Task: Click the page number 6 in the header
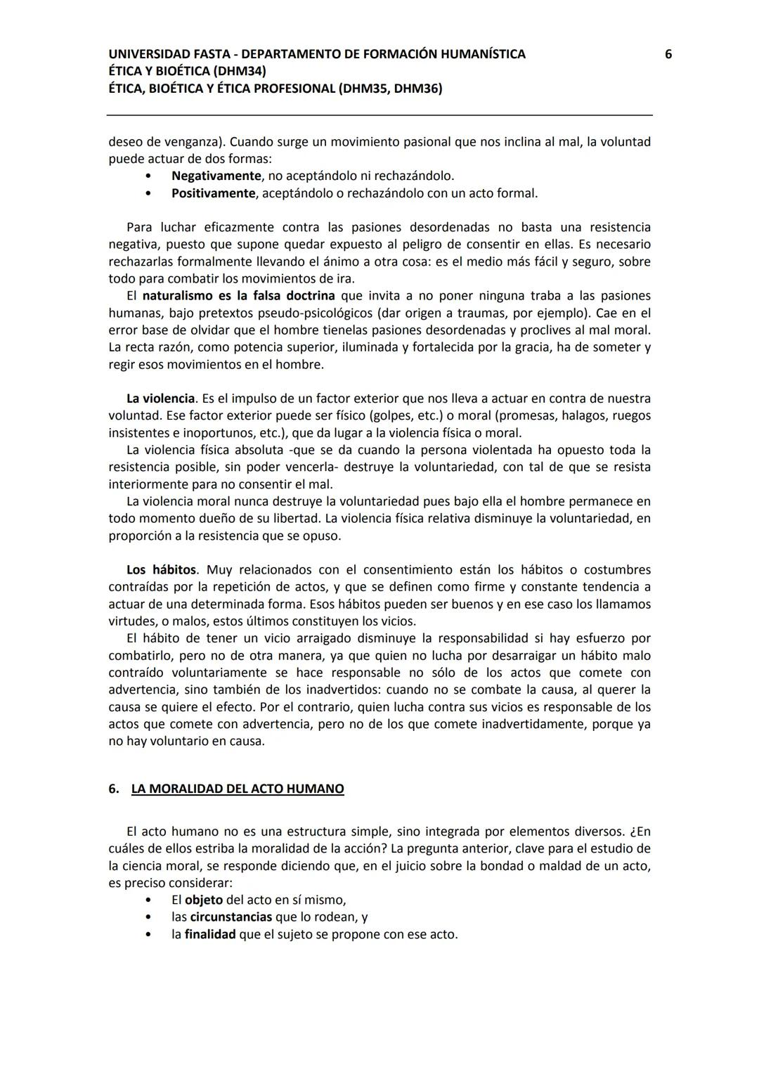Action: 668,54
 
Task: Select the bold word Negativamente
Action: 216,176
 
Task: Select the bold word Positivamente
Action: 213,193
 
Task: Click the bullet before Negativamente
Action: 148,176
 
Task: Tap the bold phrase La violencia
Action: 160,399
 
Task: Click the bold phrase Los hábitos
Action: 162,570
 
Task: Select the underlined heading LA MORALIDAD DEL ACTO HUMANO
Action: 238,789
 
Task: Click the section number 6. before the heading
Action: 114,789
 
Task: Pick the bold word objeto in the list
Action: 204,900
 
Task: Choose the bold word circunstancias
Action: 231,917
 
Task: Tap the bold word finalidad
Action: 210,935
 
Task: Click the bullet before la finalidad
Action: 148,935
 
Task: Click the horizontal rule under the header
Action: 379,115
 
